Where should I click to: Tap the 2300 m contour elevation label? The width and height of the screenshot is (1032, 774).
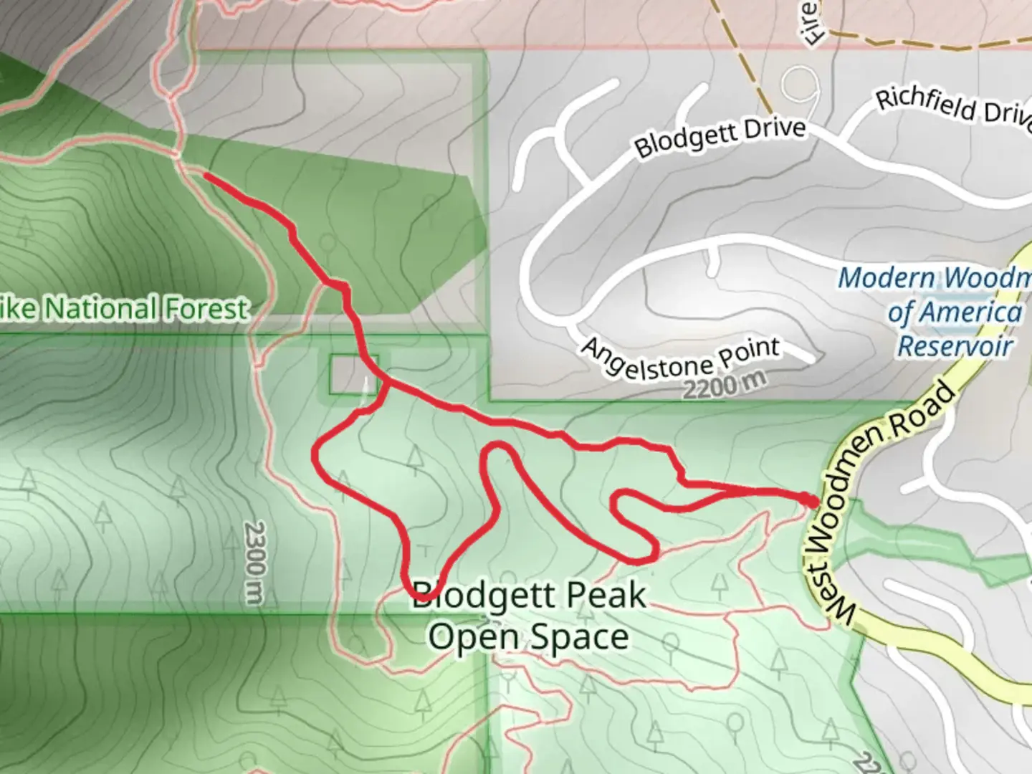click(x=254, y=562)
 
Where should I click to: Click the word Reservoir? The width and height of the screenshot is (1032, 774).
click(x=955, y=346)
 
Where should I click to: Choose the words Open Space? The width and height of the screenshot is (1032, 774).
click(x=529, y=636)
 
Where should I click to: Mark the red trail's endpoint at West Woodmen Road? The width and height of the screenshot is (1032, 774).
click(x=811, y=500)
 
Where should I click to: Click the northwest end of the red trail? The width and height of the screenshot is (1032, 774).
click(x=206, y=175)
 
